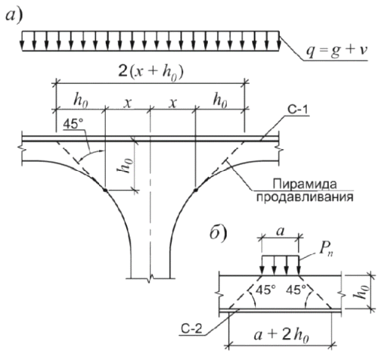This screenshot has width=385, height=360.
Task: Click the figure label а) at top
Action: coord(14,16)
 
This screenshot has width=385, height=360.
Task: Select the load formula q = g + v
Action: coord(337,51)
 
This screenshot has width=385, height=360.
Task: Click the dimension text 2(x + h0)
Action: coord(151,73)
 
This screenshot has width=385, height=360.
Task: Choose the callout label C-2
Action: coord(191,329)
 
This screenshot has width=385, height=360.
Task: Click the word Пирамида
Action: coord(304,184)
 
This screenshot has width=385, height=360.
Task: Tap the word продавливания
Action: coord(305,197)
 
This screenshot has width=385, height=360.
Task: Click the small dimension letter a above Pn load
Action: coord(281,232)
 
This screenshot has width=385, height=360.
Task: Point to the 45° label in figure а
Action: coord(73,124)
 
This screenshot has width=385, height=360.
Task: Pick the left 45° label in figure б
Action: coord(266,290)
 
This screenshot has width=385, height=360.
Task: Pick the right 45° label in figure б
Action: coord(296,290)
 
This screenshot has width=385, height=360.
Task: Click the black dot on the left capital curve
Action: coord(105,190)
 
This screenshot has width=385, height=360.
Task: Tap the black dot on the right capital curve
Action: coord(196,190)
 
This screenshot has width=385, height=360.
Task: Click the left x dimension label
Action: coord(128,103)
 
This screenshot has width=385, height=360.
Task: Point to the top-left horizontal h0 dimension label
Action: coord(80,100)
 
